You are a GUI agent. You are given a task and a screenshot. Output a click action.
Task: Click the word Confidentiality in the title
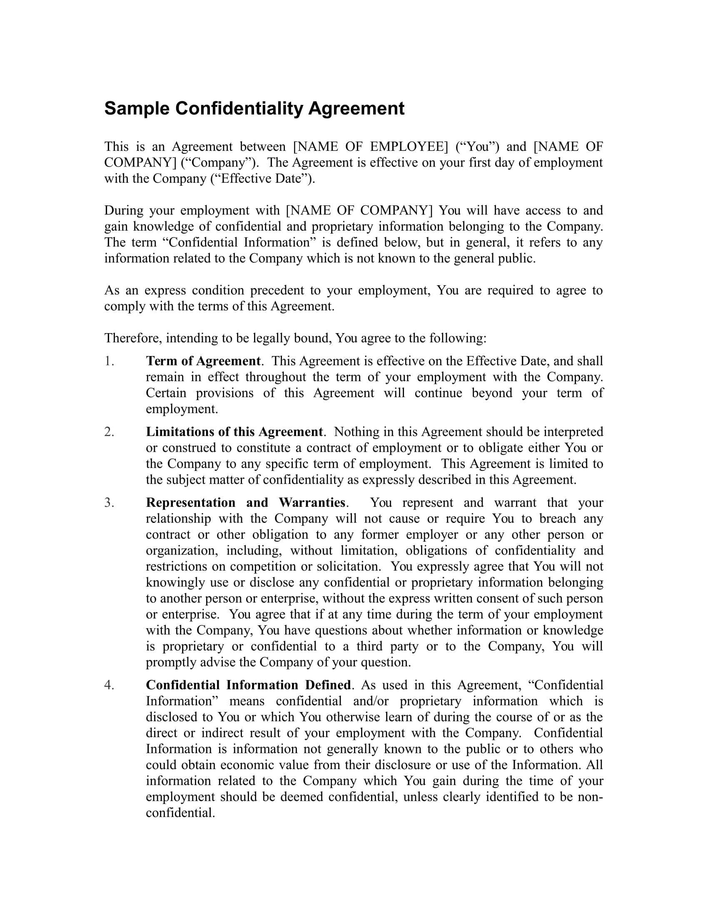click(x=239, y=109)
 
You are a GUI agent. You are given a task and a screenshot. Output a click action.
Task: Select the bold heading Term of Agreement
click(x=203, y=361)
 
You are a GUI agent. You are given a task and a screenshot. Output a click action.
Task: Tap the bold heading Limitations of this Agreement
click(x=234, y=432)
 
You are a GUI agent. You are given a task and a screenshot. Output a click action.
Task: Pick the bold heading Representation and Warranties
click(x=245, y=503)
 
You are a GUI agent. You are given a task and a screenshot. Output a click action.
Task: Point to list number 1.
click(x=109, y=361)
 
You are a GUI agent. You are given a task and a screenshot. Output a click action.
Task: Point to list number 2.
click(x=109, y=432)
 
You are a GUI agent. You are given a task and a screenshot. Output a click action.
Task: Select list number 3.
click(x=109, y=503)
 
